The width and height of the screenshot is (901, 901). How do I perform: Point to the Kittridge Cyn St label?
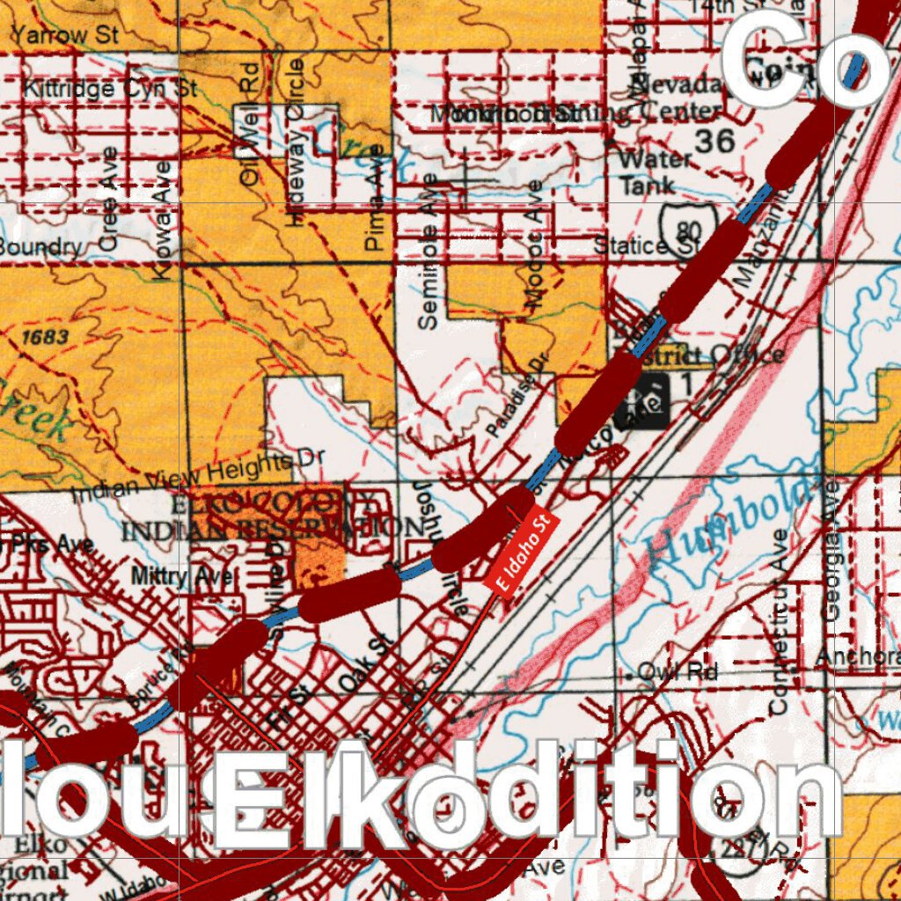pos(110,88)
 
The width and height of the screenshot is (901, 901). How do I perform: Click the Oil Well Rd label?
pos(251,123)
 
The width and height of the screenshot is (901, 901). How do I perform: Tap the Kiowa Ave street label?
pos(162,220)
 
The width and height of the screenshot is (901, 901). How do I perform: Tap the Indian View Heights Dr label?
pos(197,475)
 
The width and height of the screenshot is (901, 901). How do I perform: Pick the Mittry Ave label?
pos(182,576)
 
